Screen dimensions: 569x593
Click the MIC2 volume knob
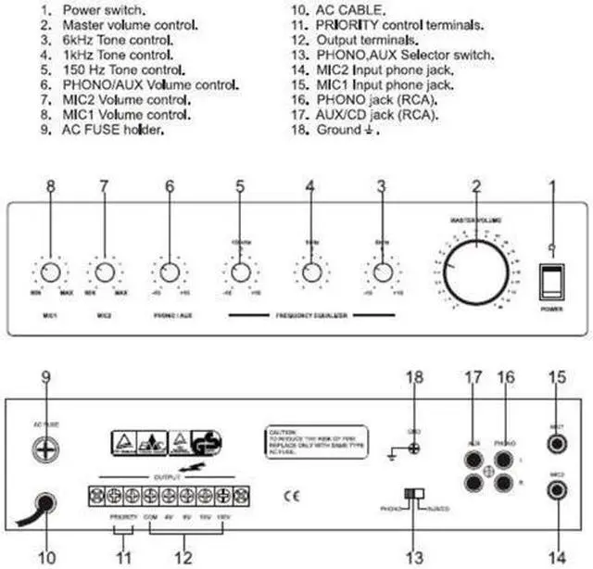click(x=104, y=272)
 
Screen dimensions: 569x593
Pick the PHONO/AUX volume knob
click(x=169, y=272)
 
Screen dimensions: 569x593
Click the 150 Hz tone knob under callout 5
click(x=240, y=272)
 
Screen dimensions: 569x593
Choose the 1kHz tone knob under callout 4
click(x=311, y=272)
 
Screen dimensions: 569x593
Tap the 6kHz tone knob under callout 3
click(x=382, y=272)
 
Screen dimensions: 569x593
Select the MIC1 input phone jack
click(x=558, y=442)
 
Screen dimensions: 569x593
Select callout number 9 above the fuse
click(x=46, y=377)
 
